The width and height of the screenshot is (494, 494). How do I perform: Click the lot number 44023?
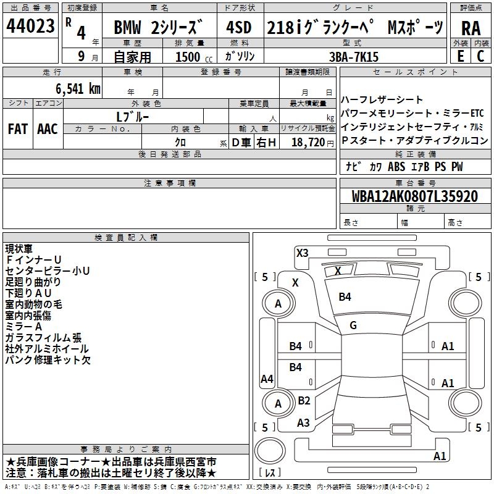click(x=30, y=26)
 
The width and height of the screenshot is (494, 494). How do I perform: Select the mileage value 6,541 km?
click(x=78, y=89)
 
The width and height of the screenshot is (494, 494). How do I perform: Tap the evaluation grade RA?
click(x=471, y=28)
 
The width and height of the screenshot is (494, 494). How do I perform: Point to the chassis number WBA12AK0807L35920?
click(x=415, y=196)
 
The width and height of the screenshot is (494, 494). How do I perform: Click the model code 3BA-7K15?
click(x=353, y=57)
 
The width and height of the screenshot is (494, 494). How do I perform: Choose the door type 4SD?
click(x=239, y=27)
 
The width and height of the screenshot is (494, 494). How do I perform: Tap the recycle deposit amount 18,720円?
click(x=312, y=143)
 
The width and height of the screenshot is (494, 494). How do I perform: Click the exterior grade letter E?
click(x=460, y=56)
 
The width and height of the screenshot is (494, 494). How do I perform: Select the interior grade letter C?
click(x=480, y=56)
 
